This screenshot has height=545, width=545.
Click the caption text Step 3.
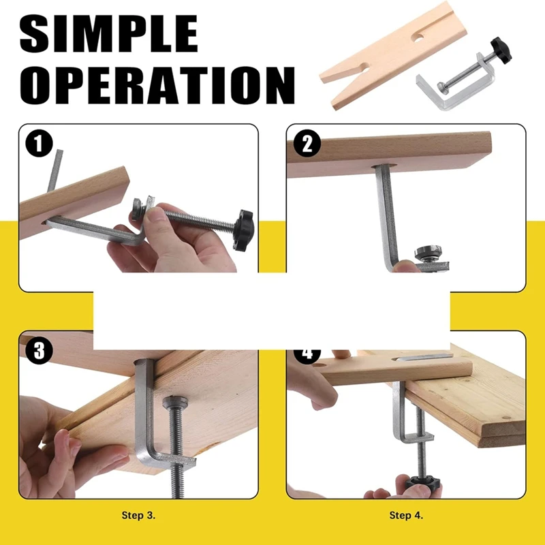[140, 515]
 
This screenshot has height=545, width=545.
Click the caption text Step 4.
[407, 515]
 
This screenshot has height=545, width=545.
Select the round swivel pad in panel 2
[429, 251]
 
